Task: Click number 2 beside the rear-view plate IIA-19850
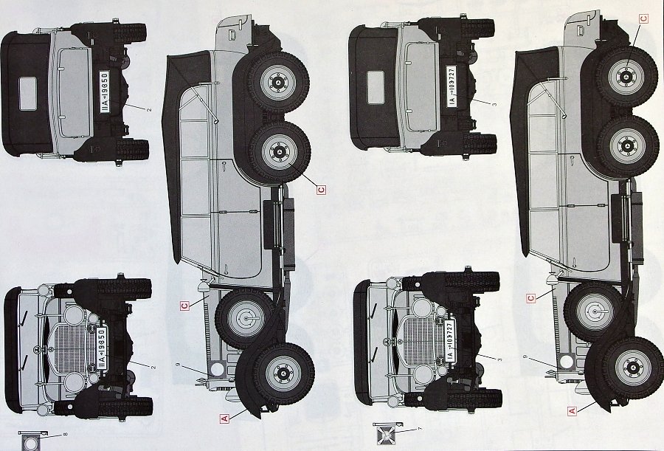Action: coord(149,110)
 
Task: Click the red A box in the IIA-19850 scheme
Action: coord(224,418)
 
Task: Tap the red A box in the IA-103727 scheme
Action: coord(572,411)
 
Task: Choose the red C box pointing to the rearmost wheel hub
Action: coord(643,19)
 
